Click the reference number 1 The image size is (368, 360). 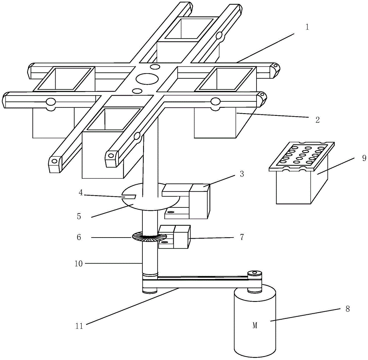[x=307, y=27]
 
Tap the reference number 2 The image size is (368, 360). [x=317, y=120]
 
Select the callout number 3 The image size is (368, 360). [x=242, y=174]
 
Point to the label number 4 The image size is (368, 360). [x=81, y=193]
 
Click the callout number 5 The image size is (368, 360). [x=79, y=216]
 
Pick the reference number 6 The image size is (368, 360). [x=79, y=237]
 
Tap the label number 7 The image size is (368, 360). [x=242, y=237]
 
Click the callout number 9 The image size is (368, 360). [x=364, y=158]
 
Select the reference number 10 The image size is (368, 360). [x=79, y=264]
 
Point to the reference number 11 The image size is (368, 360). [x=79, y=326]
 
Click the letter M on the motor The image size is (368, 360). [x=255, y=325]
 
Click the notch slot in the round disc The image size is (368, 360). [x=129, y=196]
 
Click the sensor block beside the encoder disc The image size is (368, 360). [x=174, y=237]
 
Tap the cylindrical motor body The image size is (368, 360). [x=255, y=321]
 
